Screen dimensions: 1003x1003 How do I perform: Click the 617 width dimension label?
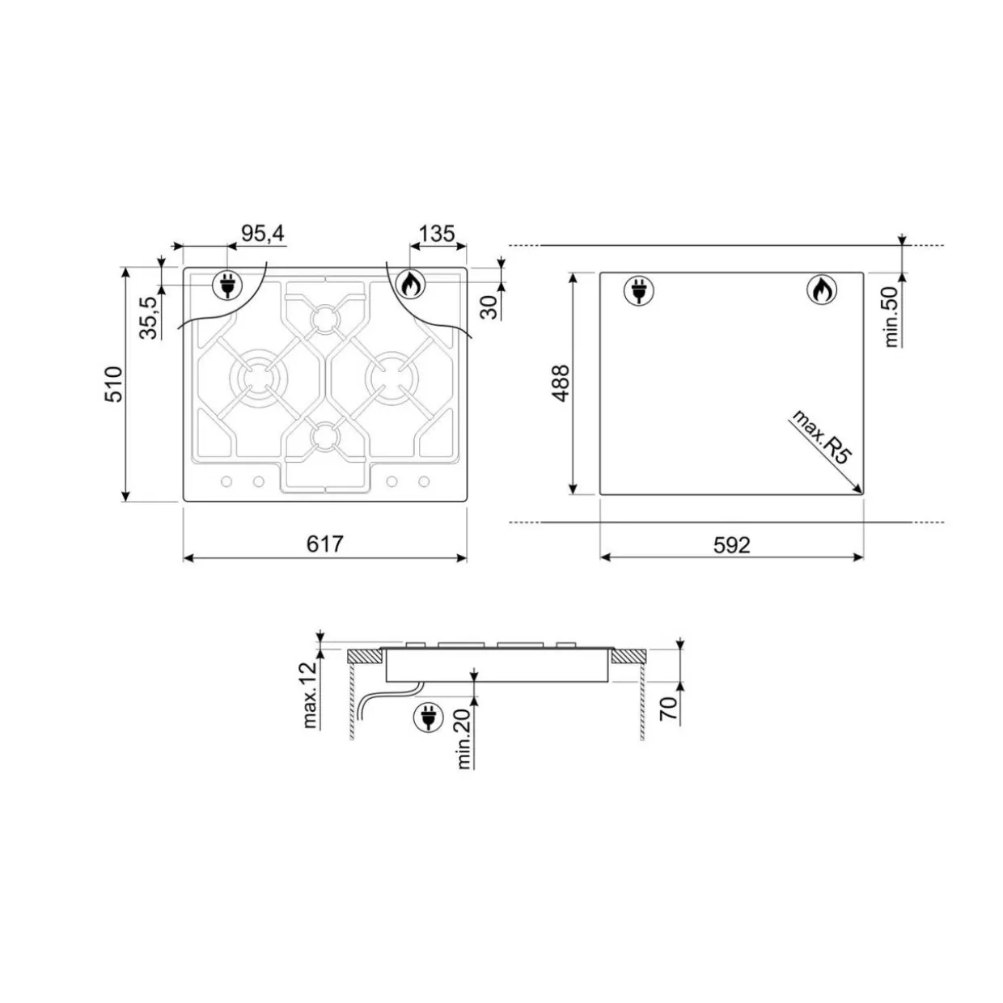325,544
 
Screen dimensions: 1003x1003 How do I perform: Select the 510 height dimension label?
114,384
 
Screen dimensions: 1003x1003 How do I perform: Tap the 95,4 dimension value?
263,234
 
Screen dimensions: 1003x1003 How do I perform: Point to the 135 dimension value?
438,234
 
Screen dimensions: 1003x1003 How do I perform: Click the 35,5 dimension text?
150,318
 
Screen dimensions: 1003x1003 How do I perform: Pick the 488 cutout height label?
561,383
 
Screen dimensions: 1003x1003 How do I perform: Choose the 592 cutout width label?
732,545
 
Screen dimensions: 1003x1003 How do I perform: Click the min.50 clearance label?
891,317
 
